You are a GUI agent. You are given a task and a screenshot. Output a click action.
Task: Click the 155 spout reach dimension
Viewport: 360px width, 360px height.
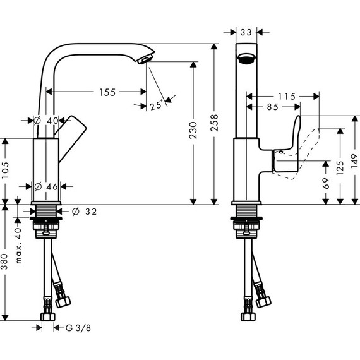(107, 92)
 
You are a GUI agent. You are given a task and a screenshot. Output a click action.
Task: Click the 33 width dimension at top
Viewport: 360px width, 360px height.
(246, 30)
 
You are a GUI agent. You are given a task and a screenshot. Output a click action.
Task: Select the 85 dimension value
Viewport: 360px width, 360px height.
(272, 107)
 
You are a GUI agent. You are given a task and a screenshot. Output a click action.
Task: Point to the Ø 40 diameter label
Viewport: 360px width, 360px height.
(46, 120)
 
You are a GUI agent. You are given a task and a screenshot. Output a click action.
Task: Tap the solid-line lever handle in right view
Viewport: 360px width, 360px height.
(287, 148)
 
